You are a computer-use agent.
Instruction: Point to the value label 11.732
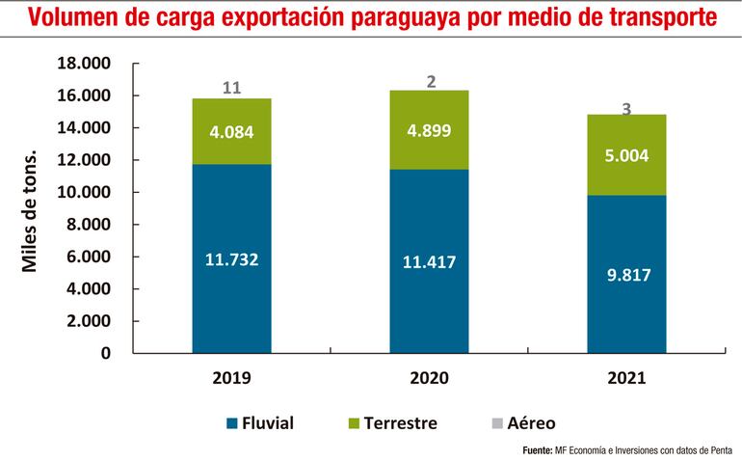tap(231, 258)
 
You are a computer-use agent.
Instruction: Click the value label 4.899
tap(431, 132)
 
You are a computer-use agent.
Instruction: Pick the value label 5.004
tap(626, 154)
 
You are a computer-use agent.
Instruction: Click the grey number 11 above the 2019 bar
tap(231, 88)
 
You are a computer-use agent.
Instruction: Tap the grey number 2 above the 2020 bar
tap(431, 82)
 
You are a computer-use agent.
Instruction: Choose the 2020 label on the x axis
tap(431, 379)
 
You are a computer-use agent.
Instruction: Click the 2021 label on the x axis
tap(626, 379)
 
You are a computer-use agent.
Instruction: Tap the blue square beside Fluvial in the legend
tap(232, 423)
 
